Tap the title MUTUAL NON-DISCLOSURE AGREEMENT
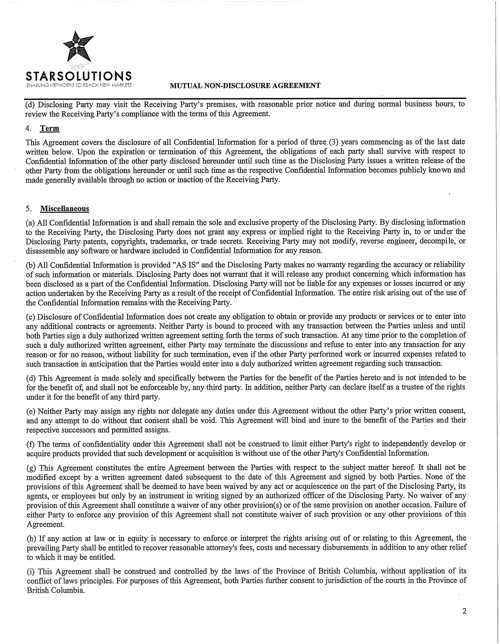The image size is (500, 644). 245,86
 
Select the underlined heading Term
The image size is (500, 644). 50,129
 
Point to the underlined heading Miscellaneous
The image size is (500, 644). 65,209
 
